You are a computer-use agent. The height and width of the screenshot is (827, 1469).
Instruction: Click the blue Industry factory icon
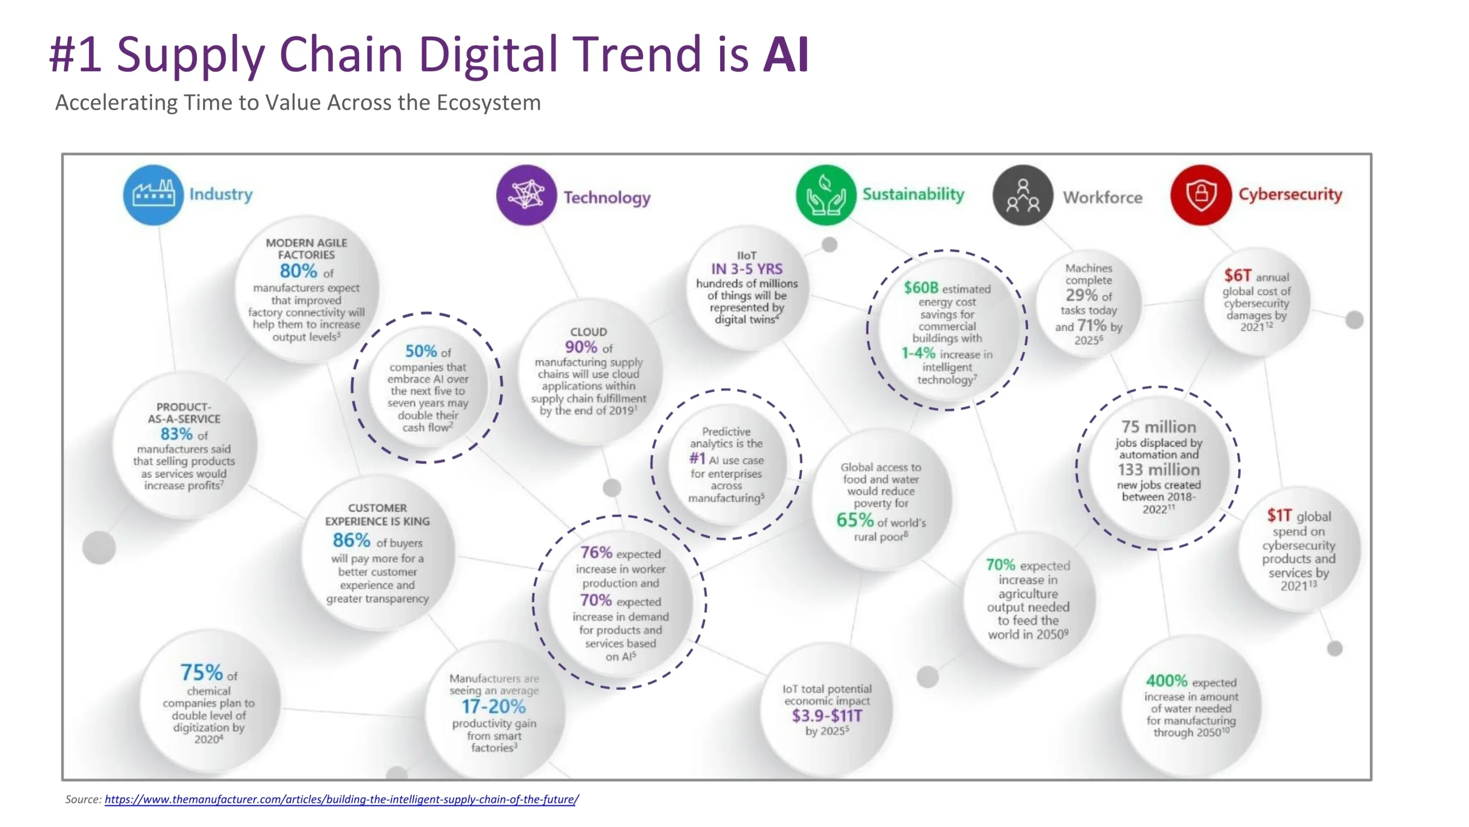pos(153,195)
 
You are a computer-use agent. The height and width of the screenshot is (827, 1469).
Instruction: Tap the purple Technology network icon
pos(526,195)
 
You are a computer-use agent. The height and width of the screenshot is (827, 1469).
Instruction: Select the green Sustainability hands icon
pos(826,195)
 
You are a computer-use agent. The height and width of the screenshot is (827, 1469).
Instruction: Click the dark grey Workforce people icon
pos(1023,195)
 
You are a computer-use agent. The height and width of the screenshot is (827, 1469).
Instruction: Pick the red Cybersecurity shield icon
pos(1201,195)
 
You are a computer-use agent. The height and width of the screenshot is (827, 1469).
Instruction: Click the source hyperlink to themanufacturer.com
pos(341,799)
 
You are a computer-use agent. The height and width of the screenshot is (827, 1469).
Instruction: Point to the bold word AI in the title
pos(786,54)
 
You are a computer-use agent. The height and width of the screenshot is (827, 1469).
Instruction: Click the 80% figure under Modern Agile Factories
pos(298,270)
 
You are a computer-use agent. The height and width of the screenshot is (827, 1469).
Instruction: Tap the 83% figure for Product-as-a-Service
pos(177,434)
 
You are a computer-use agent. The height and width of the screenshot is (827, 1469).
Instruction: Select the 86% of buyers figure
pos(351,540)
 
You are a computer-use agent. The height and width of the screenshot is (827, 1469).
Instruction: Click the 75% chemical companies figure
pos(201,672)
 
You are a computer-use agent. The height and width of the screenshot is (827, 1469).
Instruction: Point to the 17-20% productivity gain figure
pos(494,706)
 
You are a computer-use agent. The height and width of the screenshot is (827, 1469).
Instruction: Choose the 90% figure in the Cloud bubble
pos(581,347)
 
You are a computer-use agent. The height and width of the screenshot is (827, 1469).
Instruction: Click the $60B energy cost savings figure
pos(921,287)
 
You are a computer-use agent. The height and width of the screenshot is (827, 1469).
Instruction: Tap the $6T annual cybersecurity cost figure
pos(1238,275)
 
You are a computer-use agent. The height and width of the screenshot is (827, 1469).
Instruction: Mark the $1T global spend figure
pos(1280,515)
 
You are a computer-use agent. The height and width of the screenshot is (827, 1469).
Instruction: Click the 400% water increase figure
pos(1167,681)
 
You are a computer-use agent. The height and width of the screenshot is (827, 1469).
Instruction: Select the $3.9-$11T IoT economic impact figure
pos(827,716)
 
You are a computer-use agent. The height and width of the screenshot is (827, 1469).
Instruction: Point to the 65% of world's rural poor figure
pos(855,520)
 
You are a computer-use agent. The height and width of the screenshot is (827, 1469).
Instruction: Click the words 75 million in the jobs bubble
pos(1159,427)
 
